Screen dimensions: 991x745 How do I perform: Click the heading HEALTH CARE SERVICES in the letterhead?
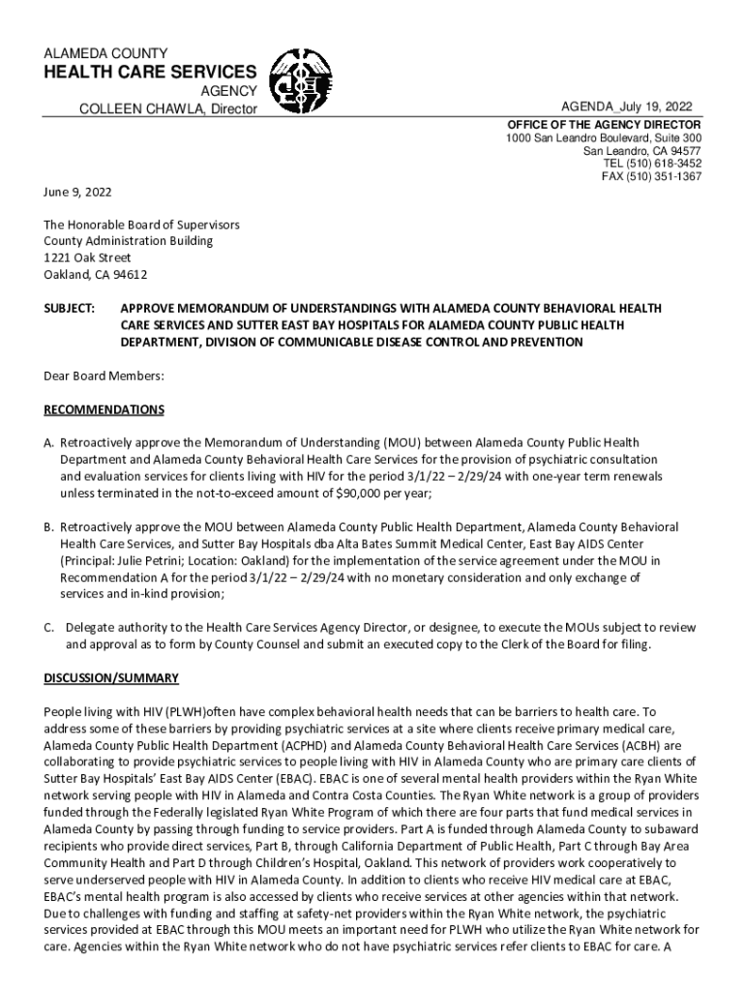click(150, 72)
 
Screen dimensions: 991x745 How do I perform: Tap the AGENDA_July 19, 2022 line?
click(626, 106)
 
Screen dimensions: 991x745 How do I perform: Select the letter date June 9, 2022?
click(78, 192)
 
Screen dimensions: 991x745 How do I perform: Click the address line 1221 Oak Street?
click(87, 257)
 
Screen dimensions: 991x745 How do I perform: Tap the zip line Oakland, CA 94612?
click(95, 274)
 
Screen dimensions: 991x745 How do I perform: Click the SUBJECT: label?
click(69, 309)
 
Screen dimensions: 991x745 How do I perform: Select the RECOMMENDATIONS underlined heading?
click(104, 409)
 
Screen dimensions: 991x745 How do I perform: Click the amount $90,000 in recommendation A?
click(363, 494)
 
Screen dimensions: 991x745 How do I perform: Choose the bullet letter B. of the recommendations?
click(48, 527)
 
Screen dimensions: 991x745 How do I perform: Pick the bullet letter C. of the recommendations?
click(48, 627)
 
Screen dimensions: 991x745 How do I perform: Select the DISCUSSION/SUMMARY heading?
click(111, 677)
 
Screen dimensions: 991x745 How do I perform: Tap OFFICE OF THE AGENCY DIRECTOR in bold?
click(605, 126)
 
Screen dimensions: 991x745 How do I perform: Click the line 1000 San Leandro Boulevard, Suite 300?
click(604, 138)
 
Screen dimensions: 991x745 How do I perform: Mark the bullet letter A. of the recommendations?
click(48, 443)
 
